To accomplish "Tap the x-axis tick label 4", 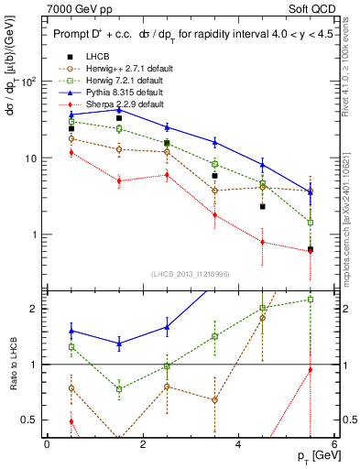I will [x=238, y=443].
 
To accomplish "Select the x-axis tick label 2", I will [x=142, y=443].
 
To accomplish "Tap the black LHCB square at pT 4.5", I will [x=263, y=207].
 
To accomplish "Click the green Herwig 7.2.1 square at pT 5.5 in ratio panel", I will [x=311, y=300].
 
